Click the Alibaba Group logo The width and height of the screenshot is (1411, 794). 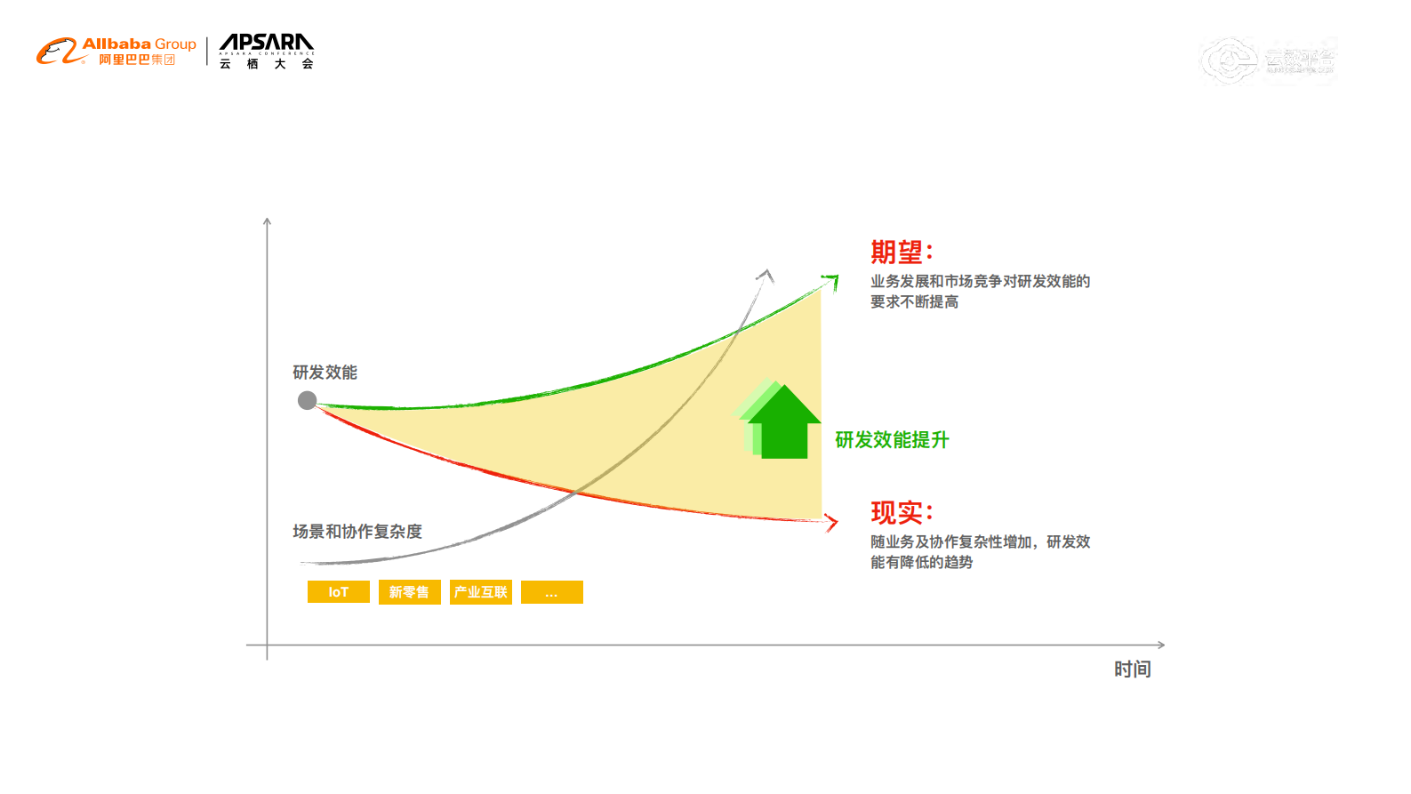tap(116, 52)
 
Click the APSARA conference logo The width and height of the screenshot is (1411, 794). tap(266, 52)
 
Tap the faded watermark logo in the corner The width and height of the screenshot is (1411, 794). tap(1267, 60)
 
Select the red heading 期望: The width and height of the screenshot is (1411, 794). tap(901, 253)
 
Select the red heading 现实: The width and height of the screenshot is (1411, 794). tap(901, 513)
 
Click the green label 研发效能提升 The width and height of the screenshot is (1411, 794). tap(892, 440)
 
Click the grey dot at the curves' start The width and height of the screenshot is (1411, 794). tap(307, 400)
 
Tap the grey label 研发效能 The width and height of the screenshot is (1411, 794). tap(325, 373)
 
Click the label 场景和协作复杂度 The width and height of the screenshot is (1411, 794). tap(357, 532)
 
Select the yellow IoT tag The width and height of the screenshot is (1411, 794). tap(339, 592)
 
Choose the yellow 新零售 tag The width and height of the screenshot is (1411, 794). tap(409, 592)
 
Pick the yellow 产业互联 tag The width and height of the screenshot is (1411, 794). tap(480, 592)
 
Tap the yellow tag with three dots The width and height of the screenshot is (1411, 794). tap(551, 592)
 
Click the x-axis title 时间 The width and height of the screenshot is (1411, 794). tap(1132, 670)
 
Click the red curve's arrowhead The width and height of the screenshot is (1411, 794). tap(832, 522)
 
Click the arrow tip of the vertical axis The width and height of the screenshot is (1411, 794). tap(267, 221)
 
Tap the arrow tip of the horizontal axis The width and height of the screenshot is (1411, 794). tap(1161, 645)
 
